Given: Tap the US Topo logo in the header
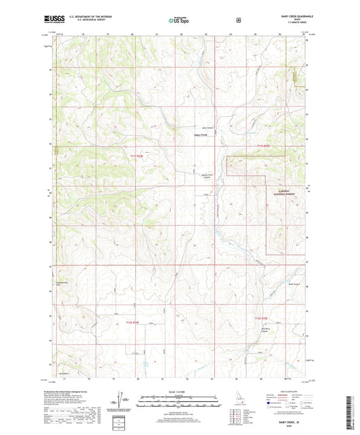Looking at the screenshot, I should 179,21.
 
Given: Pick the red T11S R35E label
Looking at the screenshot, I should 267,145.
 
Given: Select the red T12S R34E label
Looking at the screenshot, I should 136,324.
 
